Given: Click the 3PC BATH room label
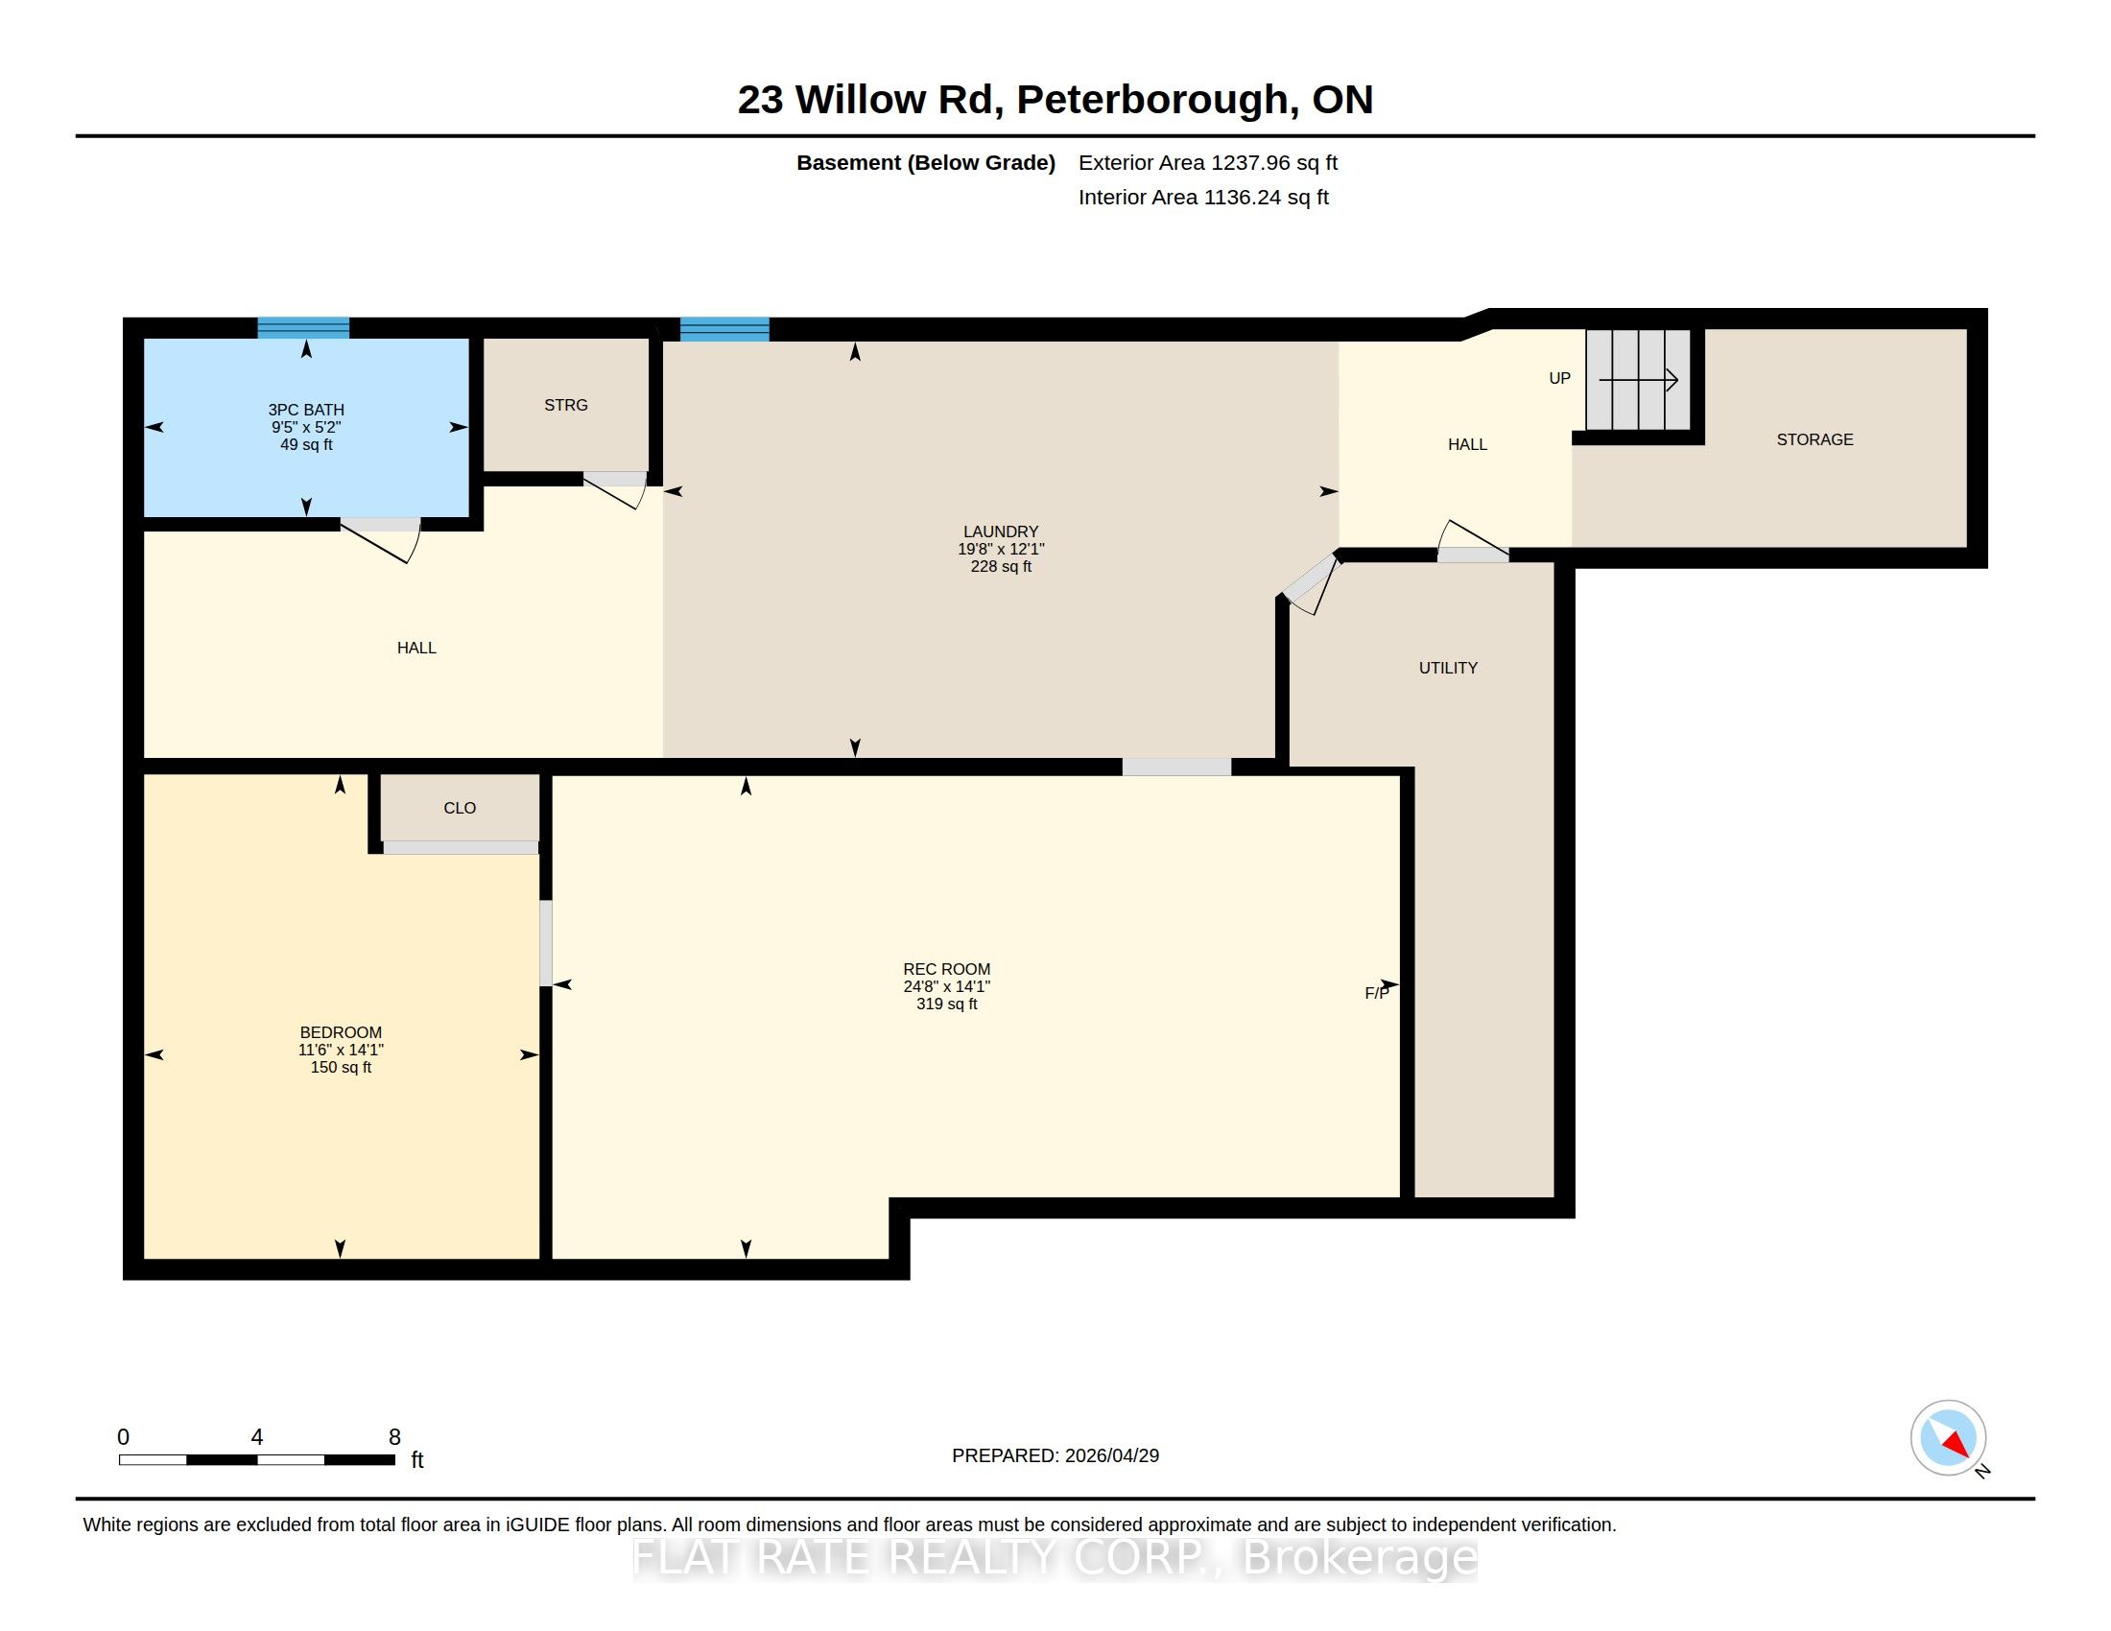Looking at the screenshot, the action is pyautogui.click(x=306, y=410).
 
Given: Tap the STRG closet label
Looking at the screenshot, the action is pyautogui.click(x=565, y=405).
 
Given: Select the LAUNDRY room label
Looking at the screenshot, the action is pyautogui.click(x=1001, y=532).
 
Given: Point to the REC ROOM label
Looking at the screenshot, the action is pyautogui.click(x=946, y=969).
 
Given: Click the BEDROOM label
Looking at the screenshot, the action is pyautogui.click(x=341, y=1032).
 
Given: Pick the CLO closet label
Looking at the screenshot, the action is pyautogui.click(x=459, y=808).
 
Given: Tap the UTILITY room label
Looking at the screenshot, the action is pyautogui.click(x=1448, y=668).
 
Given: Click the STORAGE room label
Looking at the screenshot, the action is pyautogui.click(x=1815, y=439).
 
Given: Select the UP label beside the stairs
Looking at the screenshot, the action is pyautogui.click(x=1559, y=379).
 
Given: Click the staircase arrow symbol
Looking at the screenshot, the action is pyautogui.click(x=1638, y=381).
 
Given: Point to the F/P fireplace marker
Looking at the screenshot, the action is pyautogui.click(x=1376, y=993).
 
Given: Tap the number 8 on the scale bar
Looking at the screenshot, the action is pyautogui.click(x=394, y=1437).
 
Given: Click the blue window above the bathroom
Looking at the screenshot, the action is pyautogui.click(x=303, y=327).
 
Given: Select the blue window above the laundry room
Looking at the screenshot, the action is pyautogui.click(x=724, y=328).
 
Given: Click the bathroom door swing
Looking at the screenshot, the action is pyautogui.click(x=382, y=540).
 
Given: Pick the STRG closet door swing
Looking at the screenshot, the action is pyautogui.click(x=616, y=490).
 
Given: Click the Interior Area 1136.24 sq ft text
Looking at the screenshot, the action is pyautogui.click(x=1203, y=197).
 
